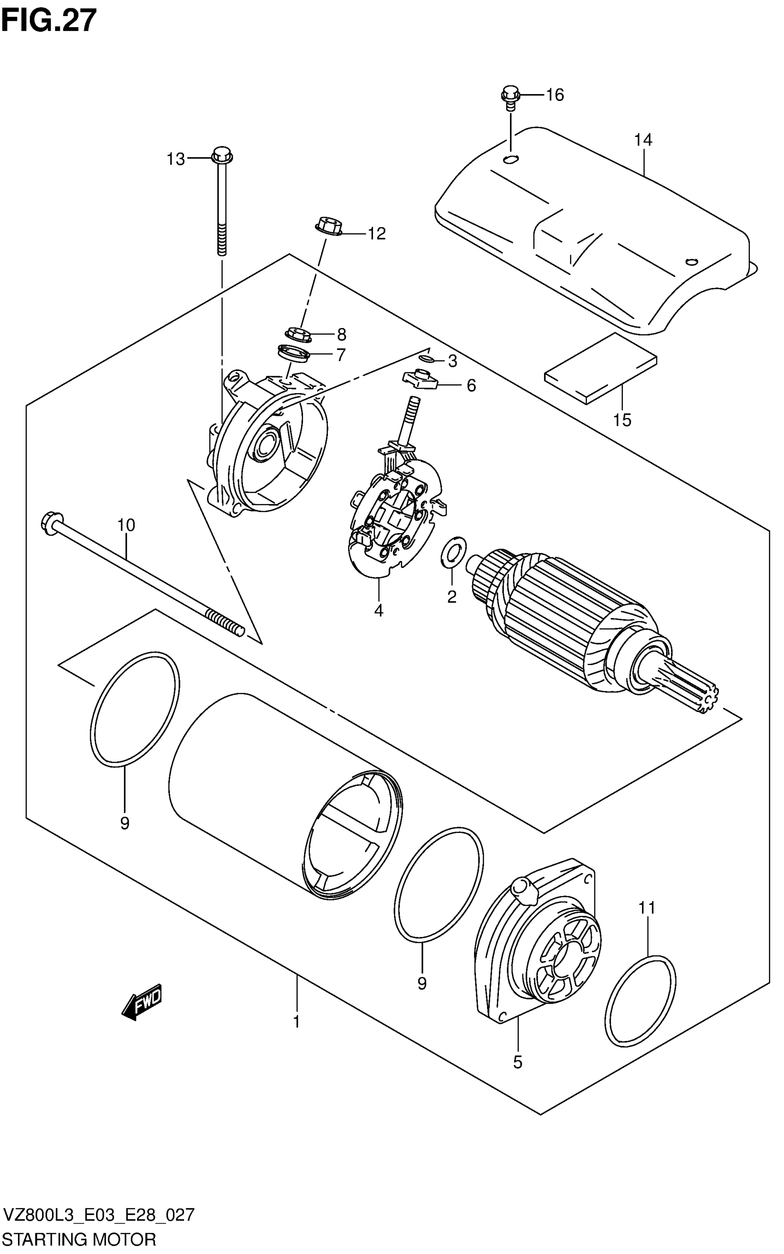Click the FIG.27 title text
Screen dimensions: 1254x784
(49, 21)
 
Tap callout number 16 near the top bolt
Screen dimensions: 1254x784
(554, 95)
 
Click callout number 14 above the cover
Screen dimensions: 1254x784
(642, 140)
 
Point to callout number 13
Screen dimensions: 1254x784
(176, 159)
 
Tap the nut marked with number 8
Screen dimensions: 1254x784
(297, 334)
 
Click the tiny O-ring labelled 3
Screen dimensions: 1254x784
(426, 359)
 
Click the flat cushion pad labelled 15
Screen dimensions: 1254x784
(600, 368)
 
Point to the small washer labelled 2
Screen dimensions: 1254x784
(453, 553)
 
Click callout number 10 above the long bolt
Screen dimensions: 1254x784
(126, 525)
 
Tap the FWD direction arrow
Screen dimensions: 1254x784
(142, 1003)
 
